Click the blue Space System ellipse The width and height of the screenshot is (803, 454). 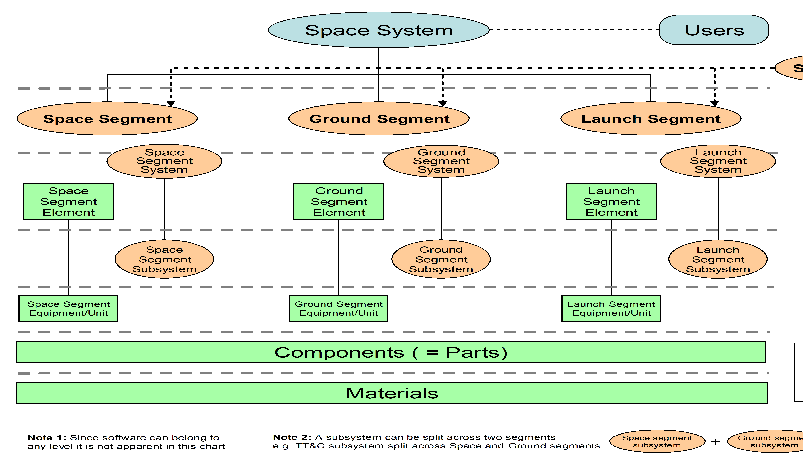point(379,30)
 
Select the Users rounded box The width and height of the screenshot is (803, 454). point(714,30)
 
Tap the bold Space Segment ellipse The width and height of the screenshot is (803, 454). point(107,119)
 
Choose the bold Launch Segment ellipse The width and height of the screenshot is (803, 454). point(651,119)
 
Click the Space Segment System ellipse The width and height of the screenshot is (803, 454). point(164,161)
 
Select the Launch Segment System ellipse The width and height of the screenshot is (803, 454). point(718,161)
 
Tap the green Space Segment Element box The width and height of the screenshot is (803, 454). point(68,201)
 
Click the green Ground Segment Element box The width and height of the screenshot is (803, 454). point(339,201)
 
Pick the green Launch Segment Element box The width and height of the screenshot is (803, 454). point(611,201)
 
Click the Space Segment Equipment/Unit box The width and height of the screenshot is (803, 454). point(68,308)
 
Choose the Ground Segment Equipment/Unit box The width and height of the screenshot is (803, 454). point(339,308)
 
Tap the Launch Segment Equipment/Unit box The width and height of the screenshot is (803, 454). point(611,308)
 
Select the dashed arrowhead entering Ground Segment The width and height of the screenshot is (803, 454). point(443,104)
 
